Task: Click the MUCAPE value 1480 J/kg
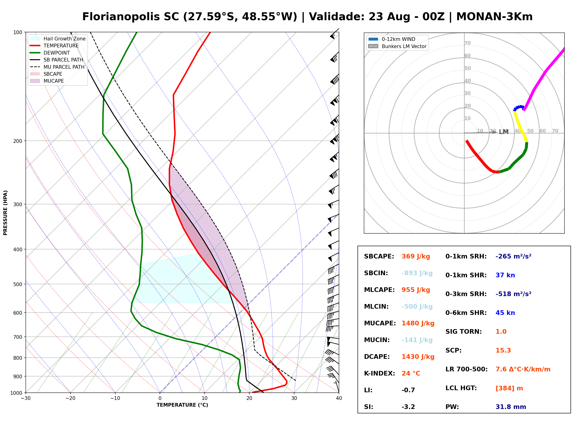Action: click(x=418, y=323)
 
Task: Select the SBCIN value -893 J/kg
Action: click(x=417, y=273)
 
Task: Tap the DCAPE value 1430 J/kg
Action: click(x=418, y=357)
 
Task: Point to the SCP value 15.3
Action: click(x=503, y=350)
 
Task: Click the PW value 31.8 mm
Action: click(x=511, y=407)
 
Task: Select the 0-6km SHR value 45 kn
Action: click(x=505, y=313)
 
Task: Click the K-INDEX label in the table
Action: click(x=380, y=373)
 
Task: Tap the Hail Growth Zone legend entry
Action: click(x=58, y=39)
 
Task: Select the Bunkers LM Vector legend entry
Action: click(x=397, y=46)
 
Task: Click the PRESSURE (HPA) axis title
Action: click(x=5, y=213)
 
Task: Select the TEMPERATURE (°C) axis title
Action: click(x=182, y=405)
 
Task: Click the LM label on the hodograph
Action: click(x=504, y=132)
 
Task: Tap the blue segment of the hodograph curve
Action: click(x=519, y=108)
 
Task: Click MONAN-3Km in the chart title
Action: click(x=494, y=16)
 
